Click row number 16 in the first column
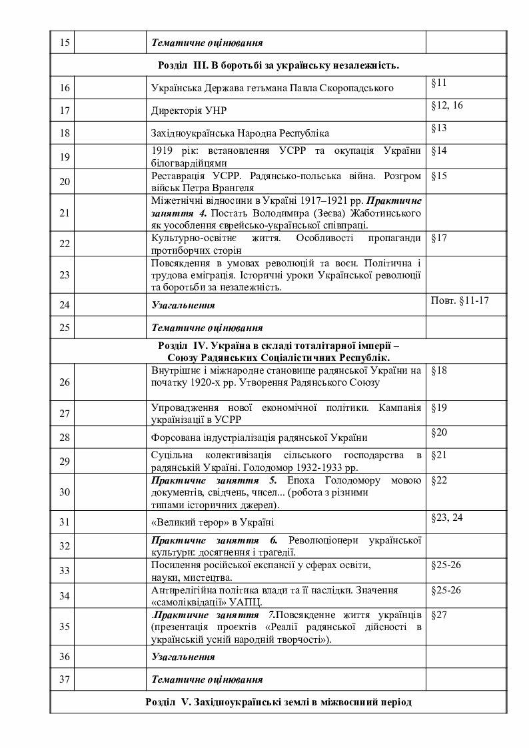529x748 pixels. tap(65, 88)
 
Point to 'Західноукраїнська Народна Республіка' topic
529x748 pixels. tap(241, 133)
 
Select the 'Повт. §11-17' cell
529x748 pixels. tap(460, 300)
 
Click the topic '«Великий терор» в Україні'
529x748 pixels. tap(213, 522)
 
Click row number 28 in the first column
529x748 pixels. tap(65, 438)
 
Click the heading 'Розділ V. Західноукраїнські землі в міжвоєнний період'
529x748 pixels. tap(278, 702)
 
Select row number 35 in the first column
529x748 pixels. tap(65, 626)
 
